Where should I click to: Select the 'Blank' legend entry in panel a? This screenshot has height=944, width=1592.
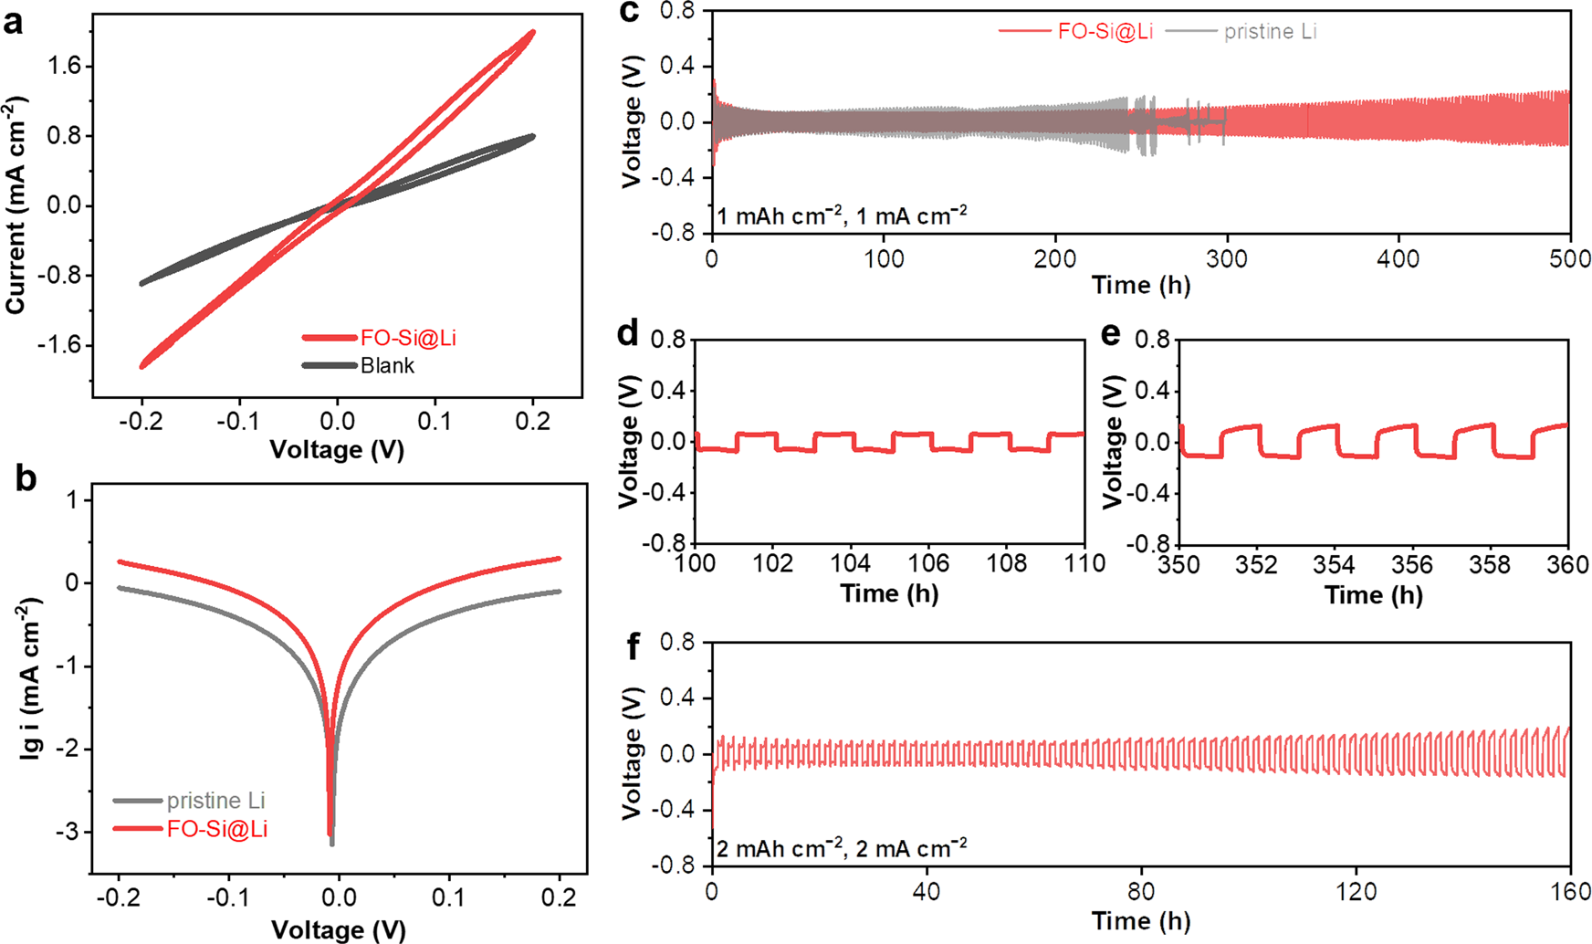point(387,366)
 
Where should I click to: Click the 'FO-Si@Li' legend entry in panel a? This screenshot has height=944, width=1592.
point(407,339)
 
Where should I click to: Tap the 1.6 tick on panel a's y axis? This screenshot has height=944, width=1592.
point(66,66)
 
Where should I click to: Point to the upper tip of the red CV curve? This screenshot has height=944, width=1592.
point(531,32)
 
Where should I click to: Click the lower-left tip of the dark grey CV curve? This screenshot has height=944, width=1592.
point(141,284)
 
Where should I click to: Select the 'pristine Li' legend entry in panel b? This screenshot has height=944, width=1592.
point(215,801)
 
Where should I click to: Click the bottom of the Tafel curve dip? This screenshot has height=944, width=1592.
point(331,842)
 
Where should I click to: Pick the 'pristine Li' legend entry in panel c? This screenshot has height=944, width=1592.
point(1270,32)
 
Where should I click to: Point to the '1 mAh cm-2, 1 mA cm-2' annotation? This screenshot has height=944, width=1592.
point(842,215)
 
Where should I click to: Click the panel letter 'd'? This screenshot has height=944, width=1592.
point(627,335)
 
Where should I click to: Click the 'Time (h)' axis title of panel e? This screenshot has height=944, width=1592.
point(1373,595)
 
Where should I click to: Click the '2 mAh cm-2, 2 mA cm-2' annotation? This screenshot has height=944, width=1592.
point(842,848)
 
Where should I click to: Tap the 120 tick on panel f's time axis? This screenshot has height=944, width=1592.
point(1356,891)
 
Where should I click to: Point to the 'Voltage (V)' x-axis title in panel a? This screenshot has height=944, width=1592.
point(337,449)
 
